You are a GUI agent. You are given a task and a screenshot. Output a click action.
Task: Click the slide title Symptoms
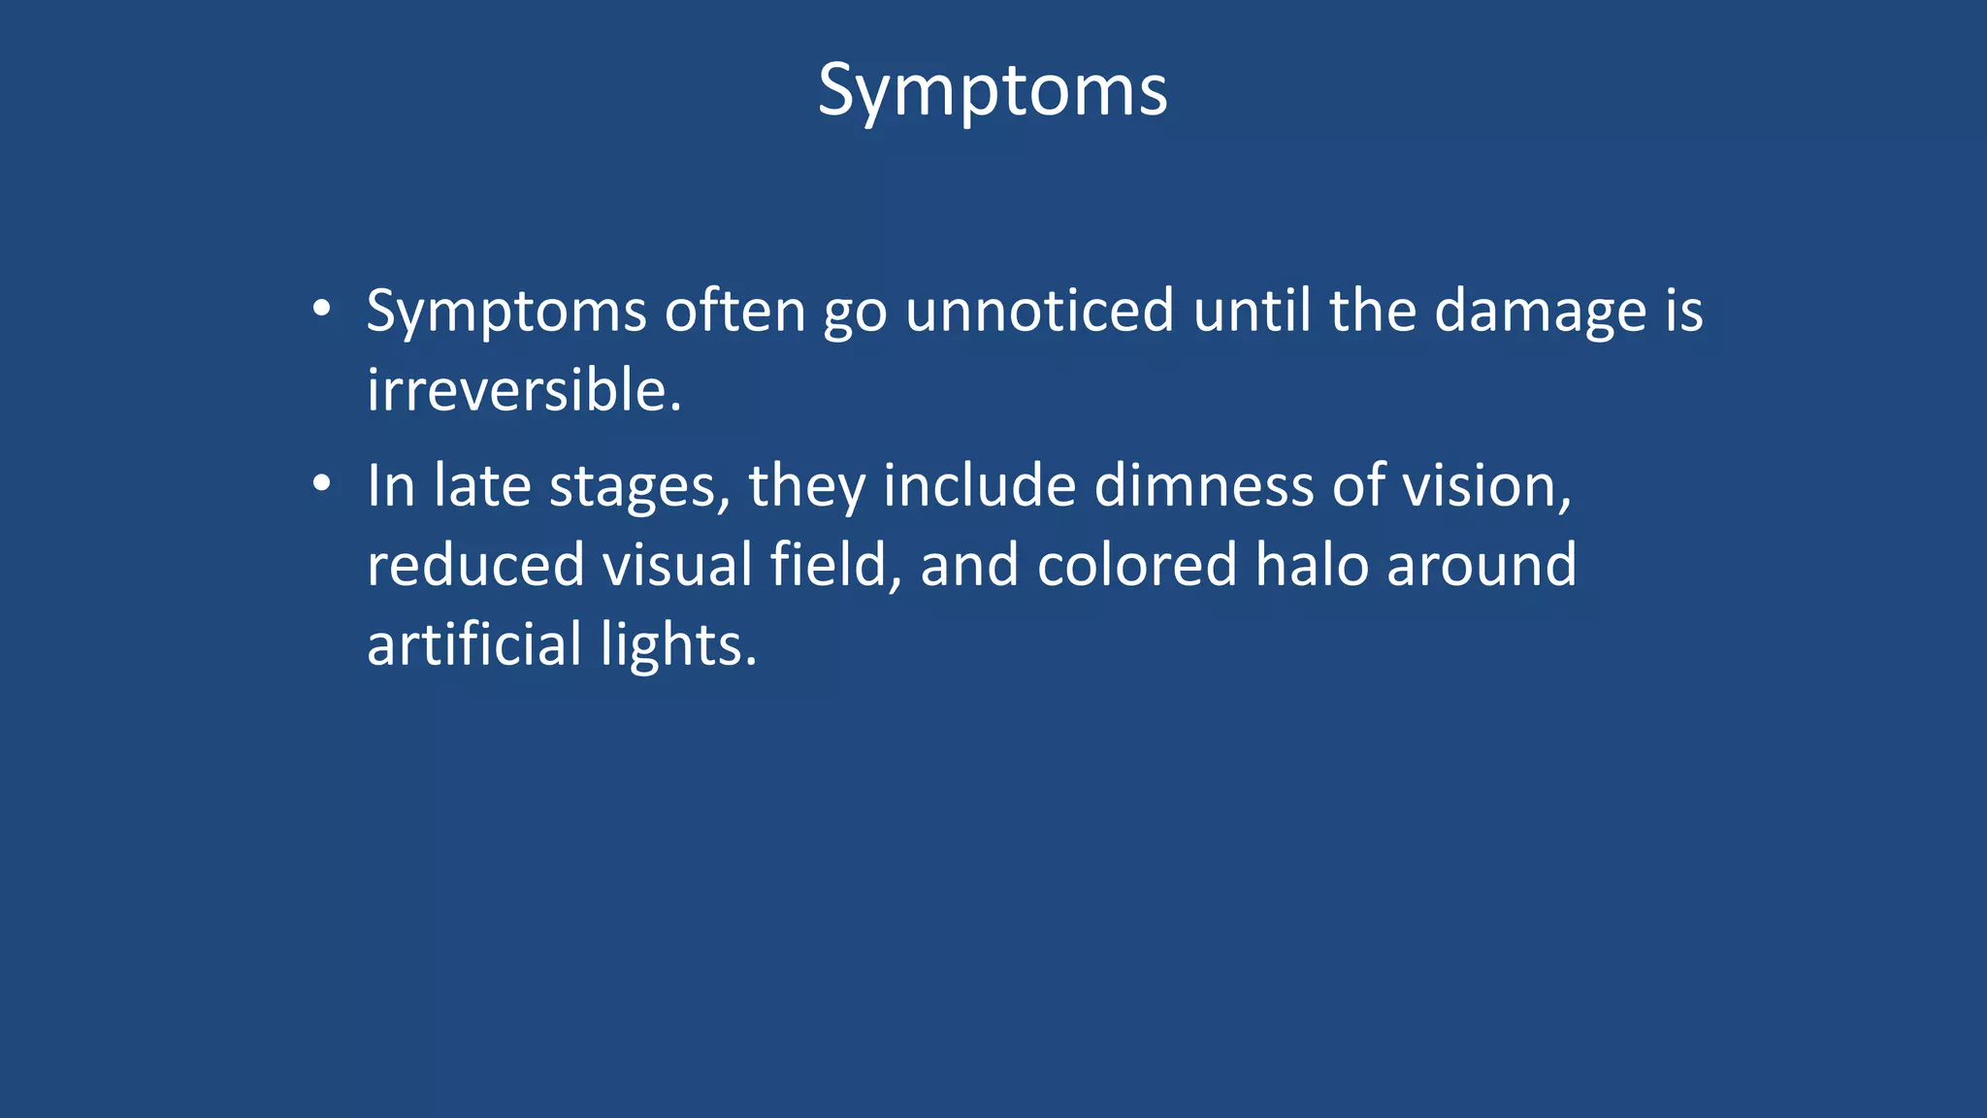click(993, 91)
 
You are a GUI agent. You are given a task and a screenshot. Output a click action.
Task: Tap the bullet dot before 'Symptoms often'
click(322, 310)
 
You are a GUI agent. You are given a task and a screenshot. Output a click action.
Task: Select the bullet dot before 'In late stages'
click(322, 483)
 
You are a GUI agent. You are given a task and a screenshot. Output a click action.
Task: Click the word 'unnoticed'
click(1039, 312)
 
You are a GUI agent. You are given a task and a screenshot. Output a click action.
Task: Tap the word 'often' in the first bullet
click(734, 312)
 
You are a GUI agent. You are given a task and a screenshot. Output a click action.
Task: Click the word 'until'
click(1252, 312)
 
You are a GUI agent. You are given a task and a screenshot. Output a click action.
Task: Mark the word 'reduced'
click(475, 565)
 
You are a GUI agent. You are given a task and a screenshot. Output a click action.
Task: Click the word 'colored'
click(1136, 565)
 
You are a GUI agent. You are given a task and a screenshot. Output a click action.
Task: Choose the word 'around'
click(1482, 565)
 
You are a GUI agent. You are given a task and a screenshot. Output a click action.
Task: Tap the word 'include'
click(979, 485)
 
